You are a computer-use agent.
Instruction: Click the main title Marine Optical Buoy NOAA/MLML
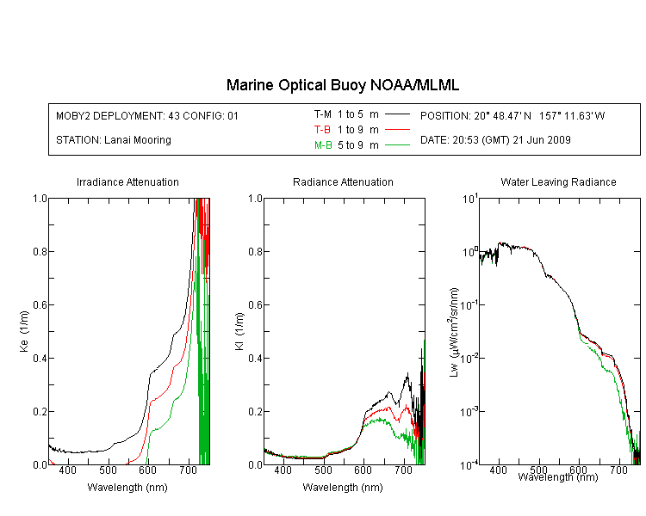point(343,85)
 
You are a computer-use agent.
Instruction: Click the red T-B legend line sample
point(397,130)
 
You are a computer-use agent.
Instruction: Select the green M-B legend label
point(323,145)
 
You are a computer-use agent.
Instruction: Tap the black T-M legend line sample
point(397,114)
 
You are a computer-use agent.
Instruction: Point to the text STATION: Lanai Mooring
point(114,140)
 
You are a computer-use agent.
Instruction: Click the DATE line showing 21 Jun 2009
point(495,140)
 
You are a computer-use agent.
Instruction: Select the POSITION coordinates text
point(512,115)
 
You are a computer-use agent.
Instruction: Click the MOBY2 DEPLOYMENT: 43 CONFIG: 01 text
point(147,115)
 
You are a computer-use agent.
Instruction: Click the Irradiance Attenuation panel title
point(127,181)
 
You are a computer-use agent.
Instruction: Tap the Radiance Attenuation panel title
point(343,181)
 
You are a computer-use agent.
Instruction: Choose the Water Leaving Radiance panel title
point(558,181)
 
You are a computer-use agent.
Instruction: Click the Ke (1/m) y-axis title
point(24,331)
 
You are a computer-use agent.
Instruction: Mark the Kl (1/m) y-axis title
point(239,332)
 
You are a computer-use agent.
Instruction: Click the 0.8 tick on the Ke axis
point(40,251)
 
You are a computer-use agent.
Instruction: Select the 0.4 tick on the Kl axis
point(256,359)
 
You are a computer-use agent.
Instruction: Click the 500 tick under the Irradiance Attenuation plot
point(108,470)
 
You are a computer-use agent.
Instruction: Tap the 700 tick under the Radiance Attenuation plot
point(404,470)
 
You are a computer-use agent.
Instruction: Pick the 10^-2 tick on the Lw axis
point(469,358)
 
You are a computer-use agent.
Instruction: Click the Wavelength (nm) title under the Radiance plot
point(343,488)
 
